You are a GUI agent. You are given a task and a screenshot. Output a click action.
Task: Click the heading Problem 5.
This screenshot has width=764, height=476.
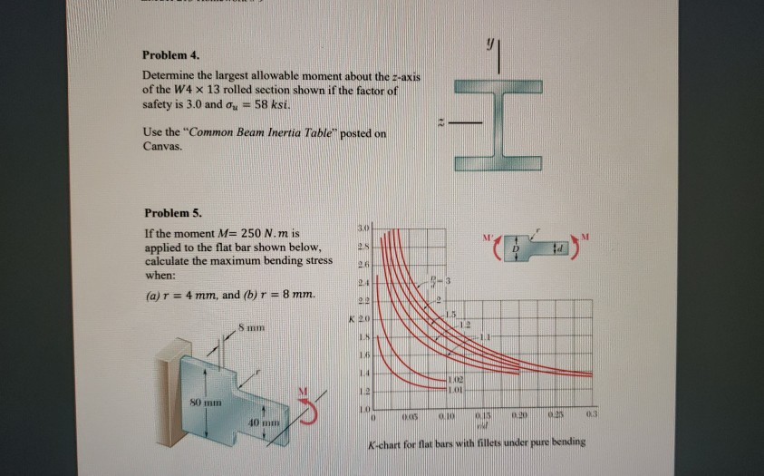click(169, 214)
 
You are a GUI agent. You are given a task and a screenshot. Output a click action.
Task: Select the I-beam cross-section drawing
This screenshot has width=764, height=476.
click(498, 124)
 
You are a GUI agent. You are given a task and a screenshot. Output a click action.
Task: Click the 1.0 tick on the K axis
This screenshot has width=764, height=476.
click(361, 412)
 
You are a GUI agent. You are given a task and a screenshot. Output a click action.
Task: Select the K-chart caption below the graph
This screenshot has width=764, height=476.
click(475, 442)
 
